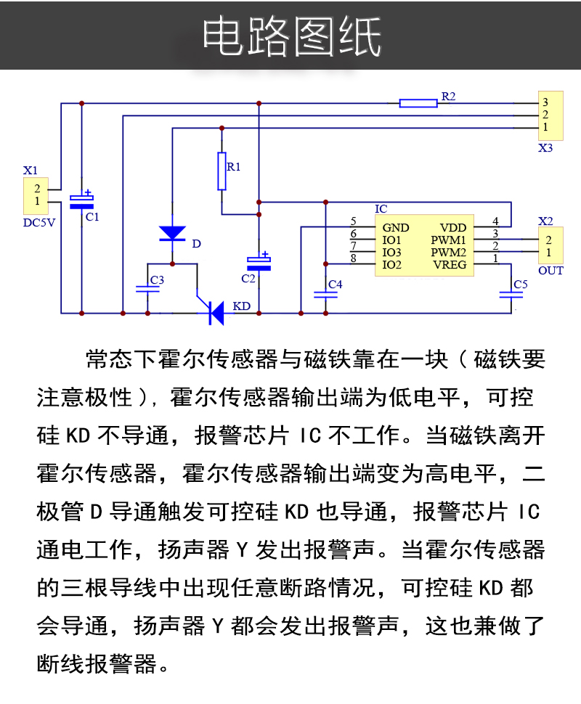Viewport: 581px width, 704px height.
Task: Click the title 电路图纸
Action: coord(290,36)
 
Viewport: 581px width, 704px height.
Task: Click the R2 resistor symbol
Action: coord(418,103)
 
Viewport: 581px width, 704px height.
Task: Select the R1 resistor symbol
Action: coord(222,171)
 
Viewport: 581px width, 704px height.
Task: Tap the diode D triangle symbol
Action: coord(172,233)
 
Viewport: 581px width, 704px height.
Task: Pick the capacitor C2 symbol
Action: coord(259,263)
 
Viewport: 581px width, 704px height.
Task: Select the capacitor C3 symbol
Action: coord(147,288)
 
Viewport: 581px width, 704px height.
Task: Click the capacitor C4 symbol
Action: coord(325,294)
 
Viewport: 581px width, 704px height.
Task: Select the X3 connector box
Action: coord(550,115)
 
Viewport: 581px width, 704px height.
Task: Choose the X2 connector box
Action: coord(550,245)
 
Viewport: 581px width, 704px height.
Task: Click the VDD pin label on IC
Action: coord(452,228)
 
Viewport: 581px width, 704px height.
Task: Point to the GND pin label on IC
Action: coord(396,228)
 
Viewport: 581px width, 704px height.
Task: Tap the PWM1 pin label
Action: coord(448,240)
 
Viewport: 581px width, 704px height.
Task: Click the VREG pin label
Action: coord(450,264)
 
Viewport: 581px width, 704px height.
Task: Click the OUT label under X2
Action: coord(550,271)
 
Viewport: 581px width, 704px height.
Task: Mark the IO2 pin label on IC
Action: coord(392,264)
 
